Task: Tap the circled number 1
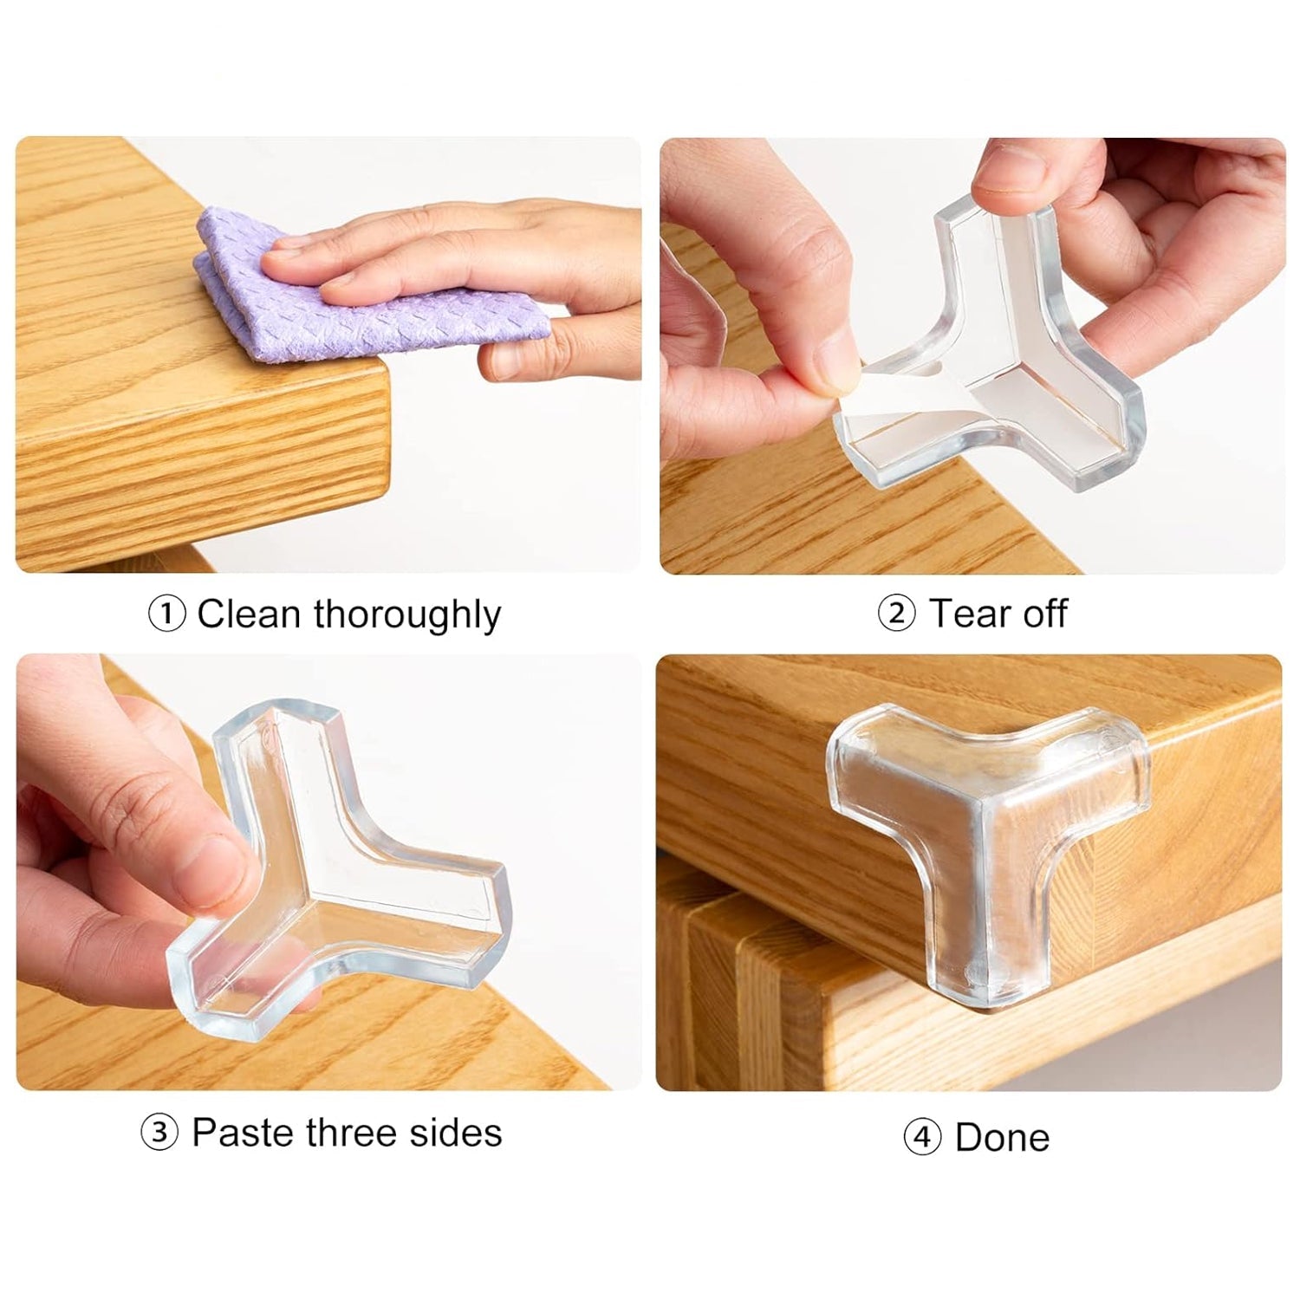pos(166,615)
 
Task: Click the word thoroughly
pos(407,615)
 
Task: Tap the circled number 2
pos(896,614)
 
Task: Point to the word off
pos(1043,614)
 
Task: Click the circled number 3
pos(159,1133)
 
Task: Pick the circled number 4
pos(922,1136)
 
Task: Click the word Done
pos(1002,1137)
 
